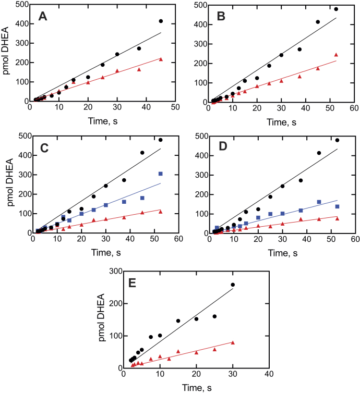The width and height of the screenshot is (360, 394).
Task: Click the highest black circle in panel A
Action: (x=161, y=21)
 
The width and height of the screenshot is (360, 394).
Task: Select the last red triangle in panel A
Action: (x=161, y=59)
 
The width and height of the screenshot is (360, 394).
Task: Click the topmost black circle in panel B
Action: (x=336, y=9)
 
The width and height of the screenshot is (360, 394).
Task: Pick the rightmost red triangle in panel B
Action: (x=336, y=55)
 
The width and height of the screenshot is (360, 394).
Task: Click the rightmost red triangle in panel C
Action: (x=160, y=212)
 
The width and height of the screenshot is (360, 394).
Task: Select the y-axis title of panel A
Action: (x=7, y=54)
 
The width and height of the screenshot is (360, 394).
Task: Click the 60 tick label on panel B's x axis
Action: (x=354, y=109)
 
